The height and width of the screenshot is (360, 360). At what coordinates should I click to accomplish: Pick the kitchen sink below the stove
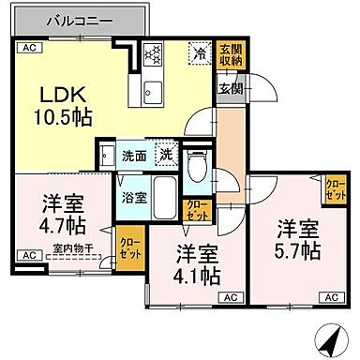click(x=153, y=91)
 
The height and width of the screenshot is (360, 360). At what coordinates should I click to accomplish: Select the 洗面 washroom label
click(x=133, y=157)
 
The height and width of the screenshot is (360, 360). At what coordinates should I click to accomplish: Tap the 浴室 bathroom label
click(x=133, y=197)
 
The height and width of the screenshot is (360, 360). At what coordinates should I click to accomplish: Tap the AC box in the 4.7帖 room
click(x=27, y=253)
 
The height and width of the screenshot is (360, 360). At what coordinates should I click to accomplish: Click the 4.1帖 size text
click(x=198, y=265)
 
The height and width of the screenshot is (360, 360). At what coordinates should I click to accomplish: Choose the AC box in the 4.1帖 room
click(x=228, y=296)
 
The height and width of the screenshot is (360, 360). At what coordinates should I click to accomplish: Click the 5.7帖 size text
click(x=298, y=240)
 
